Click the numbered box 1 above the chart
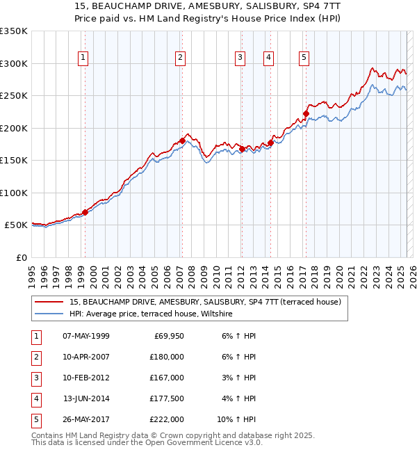click(83, 58)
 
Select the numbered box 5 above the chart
click(304, 58)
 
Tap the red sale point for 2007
click(182, 141)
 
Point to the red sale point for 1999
click(85, 212)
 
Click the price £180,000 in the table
click(167, 357)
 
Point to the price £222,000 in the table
click(167, 419)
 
